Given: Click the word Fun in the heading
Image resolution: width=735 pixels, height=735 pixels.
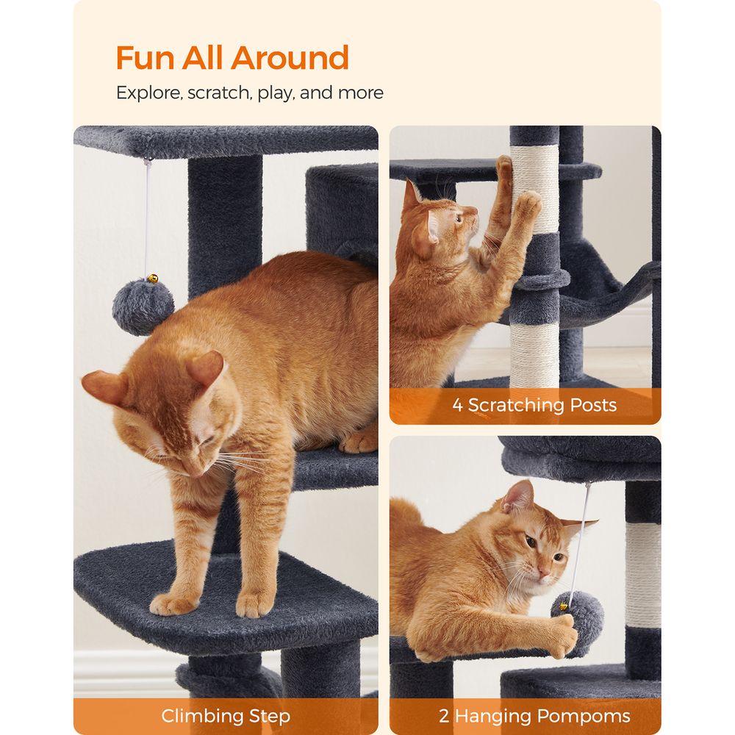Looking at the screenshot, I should point(146,58).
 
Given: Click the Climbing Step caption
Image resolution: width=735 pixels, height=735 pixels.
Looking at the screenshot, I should point(226,716).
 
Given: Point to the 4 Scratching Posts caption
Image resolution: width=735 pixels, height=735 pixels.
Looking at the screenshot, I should point(534,405).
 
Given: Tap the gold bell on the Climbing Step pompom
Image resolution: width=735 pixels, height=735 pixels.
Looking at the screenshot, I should point(153,279).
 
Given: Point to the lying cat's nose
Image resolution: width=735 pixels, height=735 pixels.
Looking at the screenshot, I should point(544,571).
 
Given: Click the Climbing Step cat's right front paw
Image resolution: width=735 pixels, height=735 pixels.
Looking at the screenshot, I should point(254,603).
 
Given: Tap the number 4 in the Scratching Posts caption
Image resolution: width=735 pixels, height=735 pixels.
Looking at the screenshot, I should point(458,405).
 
